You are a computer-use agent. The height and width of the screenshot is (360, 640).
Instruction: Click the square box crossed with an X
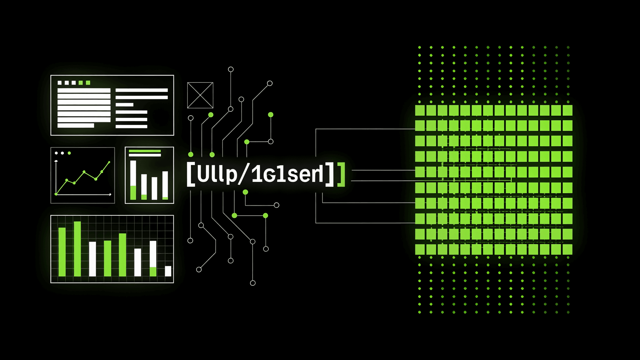coord(200,95)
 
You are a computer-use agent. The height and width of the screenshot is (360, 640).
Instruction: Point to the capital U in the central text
coord(203,174)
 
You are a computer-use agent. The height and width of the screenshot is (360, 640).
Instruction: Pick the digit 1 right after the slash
coord(256,174)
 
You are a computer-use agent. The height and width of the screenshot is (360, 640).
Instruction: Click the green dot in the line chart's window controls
coord(69,153)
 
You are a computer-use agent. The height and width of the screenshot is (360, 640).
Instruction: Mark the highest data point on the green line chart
coord(109,162)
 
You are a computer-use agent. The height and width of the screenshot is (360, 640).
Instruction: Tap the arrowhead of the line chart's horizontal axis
coord(110,194)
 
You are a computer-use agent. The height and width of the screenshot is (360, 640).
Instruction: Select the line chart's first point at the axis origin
coord(56,194)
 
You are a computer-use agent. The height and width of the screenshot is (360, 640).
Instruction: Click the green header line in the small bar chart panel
coord(145,151)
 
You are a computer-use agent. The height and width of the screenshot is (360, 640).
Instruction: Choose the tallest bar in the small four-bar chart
coord(133,180)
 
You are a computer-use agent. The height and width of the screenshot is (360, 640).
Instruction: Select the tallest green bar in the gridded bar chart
coord(77,249)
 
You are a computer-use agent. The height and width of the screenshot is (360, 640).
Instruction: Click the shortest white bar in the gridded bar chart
coord(168,271)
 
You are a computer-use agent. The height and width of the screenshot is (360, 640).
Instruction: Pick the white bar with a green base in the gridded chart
coord(153,258)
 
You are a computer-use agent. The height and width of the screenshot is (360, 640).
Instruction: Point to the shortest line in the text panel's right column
coord(124,105)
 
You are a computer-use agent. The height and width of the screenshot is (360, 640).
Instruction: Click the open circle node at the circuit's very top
coord(231,69)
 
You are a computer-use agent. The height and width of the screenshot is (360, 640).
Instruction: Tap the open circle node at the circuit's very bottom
coord(253,283)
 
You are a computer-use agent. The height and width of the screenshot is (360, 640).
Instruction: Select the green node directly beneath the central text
coord(245,192)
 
